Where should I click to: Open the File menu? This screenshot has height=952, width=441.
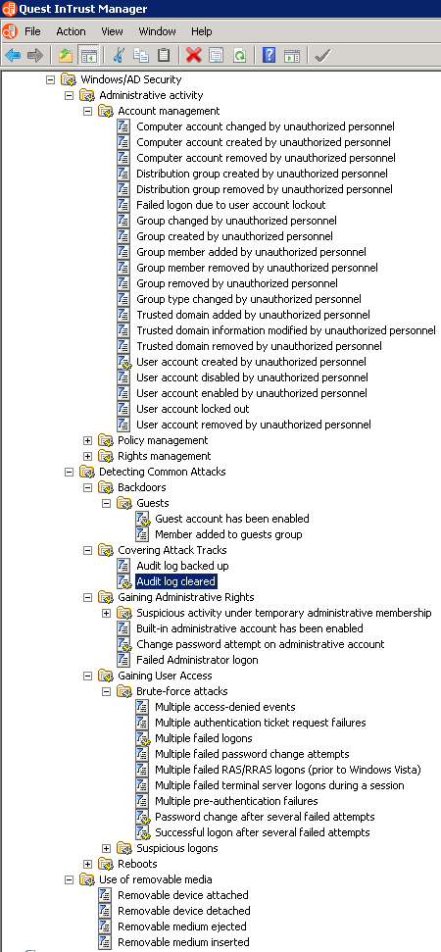point(32,31)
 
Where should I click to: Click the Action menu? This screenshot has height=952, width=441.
point(71,31)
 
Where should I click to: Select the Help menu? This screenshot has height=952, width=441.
point(202,31)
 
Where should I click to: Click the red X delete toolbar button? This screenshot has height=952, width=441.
point(193,56)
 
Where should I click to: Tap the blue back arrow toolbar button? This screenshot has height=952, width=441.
point(12,56)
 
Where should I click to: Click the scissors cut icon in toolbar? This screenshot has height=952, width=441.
point(118,56)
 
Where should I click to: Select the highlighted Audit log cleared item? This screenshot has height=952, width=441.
point(176,581)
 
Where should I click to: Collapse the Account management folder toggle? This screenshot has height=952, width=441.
point(87,111)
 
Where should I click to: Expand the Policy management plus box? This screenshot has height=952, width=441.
point(87,440)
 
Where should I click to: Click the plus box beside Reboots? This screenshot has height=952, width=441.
point(87,864)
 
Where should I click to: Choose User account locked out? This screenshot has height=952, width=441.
point(193,409)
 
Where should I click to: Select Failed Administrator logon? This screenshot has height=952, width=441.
point(197,660)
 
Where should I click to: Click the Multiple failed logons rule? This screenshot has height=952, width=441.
point(204,738)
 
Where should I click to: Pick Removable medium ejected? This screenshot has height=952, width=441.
point(182,927)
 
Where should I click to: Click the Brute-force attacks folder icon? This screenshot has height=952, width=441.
point(124,691)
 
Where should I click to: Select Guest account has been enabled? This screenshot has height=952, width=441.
point(232,519)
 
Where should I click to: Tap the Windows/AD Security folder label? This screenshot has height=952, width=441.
point(131,79)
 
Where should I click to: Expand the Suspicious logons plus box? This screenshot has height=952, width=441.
point(106,848)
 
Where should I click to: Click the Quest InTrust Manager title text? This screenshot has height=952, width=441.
point(83,9)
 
